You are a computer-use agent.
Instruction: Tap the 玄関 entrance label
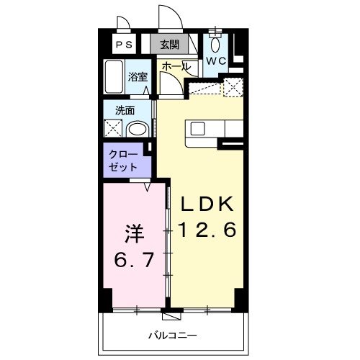[169, 44]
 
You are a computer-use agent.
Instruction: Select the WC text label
[217, 60]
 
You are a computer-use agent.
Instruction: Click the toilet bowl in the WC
[215, 42]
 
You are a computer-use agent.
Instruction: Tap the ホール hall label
[176, 66]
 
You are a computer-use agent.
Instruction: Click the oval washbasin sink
[138, 130]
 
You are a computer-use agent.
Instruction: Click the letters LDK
[207, 204]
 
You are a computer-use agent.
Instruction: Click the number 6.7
[135, 258]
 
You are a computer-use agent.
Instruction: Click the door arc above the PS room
[124, 24]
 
